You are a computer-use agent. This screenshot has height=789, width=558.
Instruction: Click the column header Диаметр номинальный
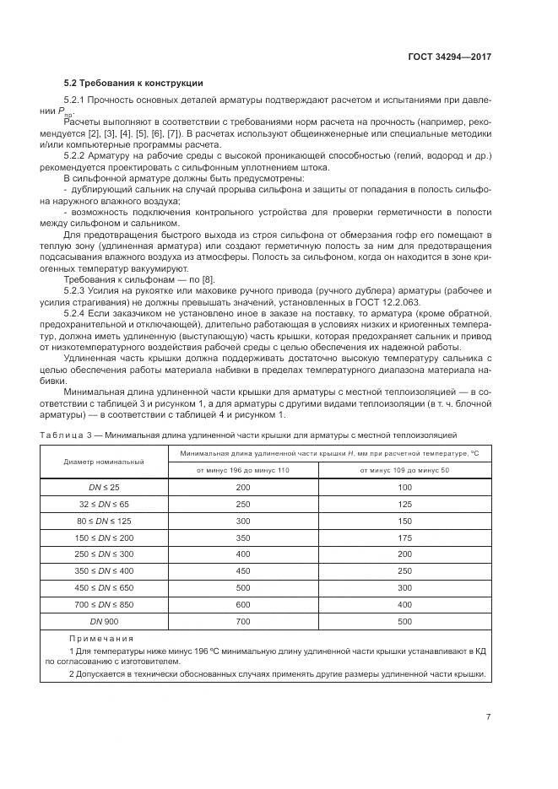pos(104,462)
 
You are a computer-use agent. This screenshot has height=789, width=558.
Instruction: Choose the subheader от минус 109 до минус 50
pos(404,470)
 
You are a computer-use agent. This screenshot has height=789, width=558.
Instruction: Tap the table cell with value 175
pos(404,538)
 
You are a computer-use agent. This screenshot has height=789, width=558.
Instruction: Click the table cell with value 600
pos(244,604)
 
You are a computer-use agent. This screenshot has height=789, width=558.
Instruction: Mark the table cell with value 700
pos(244,621)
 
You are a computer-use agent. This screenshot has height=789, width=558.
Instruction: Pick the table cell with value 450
pos(244,571)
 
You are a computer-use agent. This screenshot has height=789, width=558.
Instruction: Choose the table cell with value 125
pos(404,505)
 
